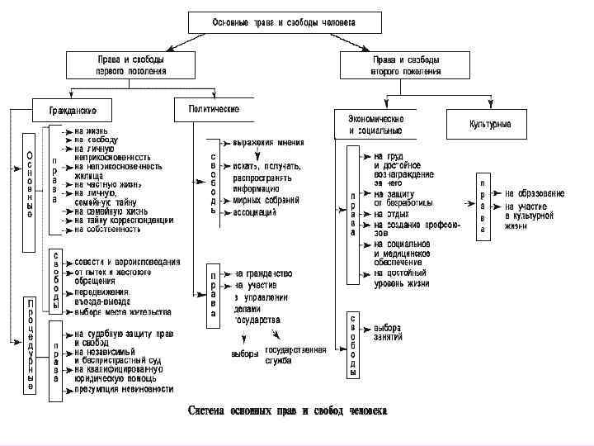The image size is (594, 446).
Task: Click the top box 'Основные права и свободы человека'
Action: (272, 22)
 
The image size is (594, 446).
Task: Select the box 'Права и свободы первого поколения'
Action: (127, 65)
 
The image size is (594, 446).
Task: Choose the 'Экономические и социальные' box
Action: (381, 124)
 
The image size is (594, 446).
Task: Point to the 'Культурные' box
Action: (490, 124)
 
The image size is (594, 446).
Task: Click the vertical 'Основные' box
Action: (29, 187)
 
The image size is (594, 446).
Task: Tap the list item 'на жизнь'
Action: (90, 130)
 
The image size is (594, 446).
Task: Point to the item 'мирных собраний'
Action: (265, 199)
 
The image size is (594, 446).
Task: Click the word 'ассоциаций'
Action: (255, 211)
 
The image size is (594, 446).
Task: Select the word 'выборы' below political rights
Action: (245, 355)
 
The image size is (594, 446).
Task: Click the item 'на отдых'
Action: (391, 214)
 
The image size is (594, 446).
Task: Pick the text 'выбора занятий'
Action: (388, 332)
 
